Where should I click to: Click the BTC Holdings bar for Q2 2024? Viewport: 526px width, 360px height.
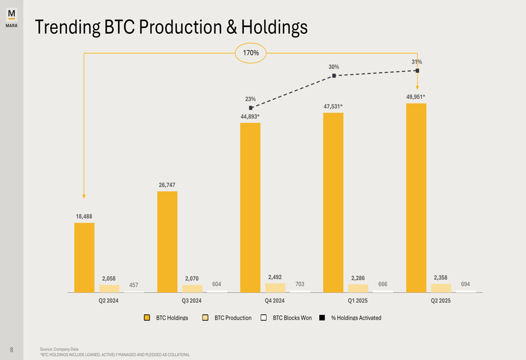pos(84,258)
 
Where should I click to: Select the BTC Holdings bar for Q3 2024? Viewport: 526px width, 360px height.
pos(167,242)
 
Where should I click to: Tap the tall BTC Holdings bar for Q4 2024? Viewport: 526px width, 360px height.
pos(250,208)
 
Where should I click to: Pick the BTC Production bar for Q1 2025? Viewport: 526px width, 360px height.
pos(358,289)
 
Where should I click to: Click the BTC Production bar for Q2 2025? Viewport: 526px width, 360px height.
pos(441,288)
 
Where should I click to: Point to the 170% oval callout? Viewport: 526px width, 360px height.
pos(250,53)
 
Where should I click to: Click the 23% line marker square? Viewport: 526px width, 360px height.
pos(251,108)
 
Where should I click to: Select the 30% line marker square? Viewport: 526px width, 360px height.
pos(334,76)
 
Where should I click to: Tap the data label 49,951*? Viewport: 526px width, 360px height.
pos(416,97)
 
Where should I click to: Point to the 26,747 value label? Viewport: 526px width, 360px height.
pos(167,185)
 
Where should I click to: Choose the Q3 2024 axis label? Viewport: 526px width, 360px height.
pos(191,301)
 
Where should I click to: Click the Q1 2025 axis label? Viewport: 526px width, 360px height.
pos(358,301)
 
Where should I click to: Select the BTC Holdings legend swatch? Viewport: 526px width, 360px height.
pos(147,317)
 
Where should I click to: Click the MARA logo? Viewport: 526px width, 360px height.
pos(12,17)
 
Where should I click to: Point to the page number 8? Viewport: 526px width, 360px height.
pos(12,349)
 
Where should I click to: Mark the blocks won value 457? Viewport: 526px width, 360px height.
pos(134,285)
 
